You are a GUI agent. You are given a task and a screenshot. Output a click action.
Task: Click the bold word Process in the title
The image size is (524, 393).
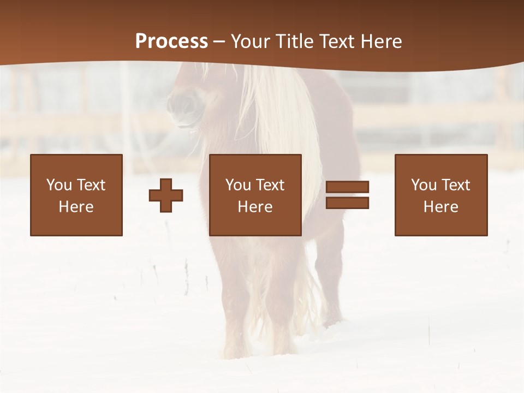point(171,41)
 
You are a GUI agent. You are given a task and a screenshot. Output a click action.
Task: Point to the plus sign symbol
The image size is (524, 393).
point(166,195)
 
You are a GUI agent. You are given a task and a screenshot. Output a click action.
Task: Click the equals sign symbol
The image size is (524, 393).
point(347,195)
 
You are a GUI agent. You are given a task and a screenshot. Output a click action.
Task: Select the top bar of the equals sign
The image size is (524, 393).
point(347,187)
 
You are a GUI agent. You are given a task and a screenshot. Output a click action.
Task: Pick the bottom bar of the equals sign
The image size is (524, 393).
point(347,203)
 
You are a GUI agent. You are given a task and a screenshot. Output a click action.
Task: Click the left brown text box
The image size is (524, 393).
point(76,195)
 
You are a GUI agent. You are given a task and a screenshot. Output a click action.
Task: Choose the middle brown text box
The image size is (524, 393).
point(255,195)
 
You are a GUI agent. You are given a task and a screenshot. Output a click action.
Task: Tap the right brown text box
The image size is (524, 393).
point(441,195)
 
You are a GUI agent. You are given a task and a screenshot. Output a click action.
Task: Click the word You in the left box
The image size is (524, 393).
point(59,185)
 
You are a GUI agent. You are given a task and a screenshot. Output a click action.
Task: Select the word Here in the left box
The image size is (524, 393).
point(76,207)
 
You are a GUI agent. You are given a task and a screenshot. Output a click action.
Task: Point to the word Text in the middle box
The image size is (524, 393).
point(270,185)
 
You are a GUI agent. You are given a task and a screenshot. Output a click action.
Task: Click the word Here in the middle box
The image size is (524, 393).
point(255,207)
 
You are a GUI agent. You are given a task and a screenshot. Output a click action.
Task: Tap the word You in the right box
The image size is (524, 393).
point(424,185)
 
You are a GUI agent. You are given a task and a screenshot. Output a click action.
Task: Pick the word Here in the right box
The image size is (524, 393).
point(441,207)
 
